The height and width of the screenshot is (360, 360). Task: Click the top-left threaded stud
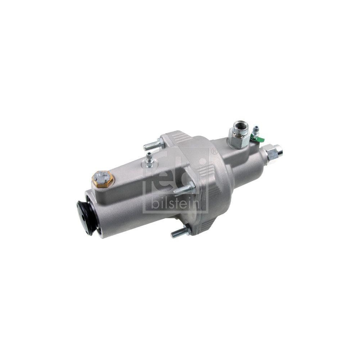click(154, 144)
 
